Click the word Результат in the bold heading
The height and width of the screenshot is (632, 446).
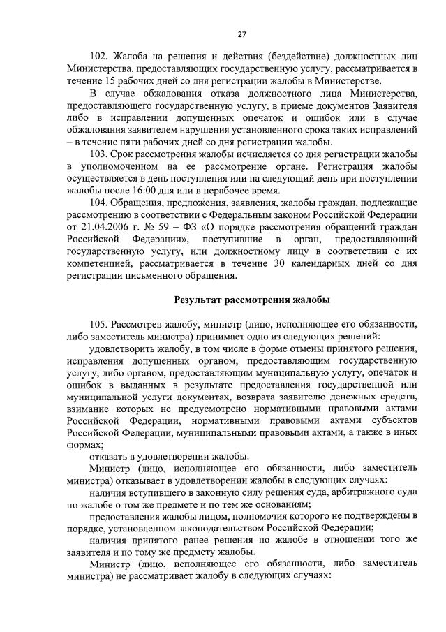click(x=198, y=300)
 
